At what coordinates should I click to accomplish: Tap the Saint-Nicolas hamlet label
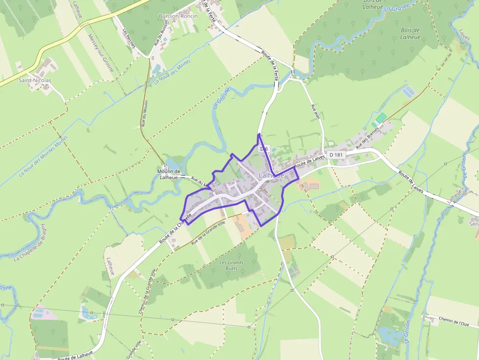click(x=35, y=80)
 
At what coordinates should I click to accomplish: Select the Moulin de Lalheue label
click(x=169, y=174)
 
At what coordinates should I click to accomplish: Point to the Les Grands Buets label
click(x=232, y=265)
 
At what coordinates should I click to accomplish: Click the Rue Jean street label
click(x=316, y=112)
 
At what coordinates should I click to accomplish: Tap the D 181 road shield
click(x=337, y=155)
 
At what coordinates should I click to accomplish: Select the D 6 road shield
click(x=264, y=148)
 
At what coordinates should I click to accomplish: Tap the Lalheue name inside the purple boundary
click(x=271, y=175)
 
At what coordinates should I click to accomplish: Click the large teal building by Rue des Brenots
click(x=381, y=118)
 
